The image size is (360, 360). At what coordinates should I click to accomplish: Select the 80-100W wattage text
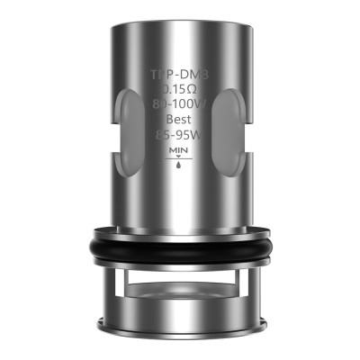[x=179, y=108]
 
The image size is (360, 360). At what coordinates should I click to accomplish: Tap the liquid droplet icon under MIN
[x=179, y=168]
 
